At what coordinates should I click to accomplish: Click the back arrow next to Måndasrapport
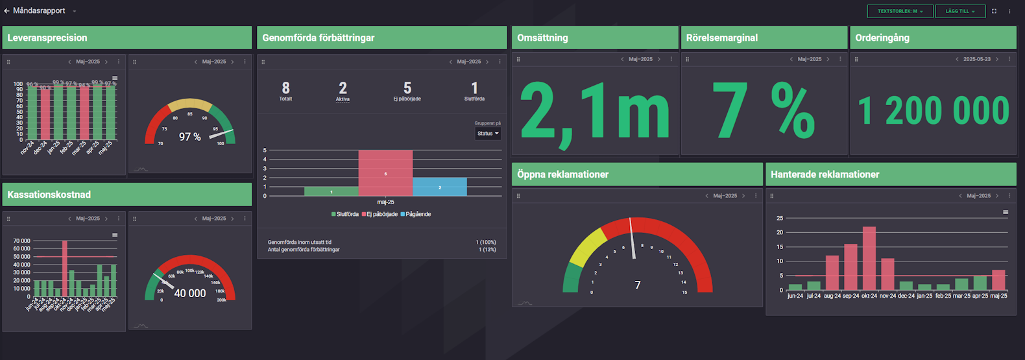[x=6, y=11]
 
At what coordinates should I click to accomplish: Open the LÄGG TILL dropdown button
[x=959, y=11]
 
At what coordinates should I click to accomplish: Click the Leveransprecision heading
[x=47, y=38]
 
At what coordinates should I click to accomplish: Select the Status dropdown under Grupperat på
[x=488, y=134]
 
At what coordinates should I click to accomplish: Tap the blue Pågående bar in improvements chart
[x=439, y=187]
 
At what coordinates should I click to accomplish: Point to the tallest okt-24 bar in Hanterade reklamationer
[x=869, y=258]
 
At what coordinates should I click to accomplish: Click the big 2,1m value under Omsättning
[x=594, y=112]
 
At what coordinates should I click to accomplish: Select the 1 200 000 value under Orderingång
[x=934, y=111]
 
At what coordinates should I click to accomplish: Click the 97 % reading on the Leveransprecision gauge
[x=190, y=137]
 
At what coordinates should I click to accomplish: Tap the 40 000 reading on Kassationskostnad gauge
[x=190, y=293]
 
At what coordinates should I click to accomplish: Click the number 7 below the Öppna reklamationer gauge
[x=638, y=285]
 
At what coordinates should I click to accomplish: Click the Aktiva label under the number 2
[x=343, y=99]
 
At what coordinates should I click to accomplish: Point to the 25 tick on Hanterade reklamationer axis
[x=780, y=218]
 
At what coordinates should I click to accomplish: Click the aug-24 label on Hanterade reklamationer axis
[x=832, y=296]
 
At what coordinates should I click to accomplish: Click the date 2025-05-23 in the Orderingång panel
[x=976, y=59]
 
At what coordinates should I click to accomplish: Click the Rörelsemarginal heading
[x=722, y=38]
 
